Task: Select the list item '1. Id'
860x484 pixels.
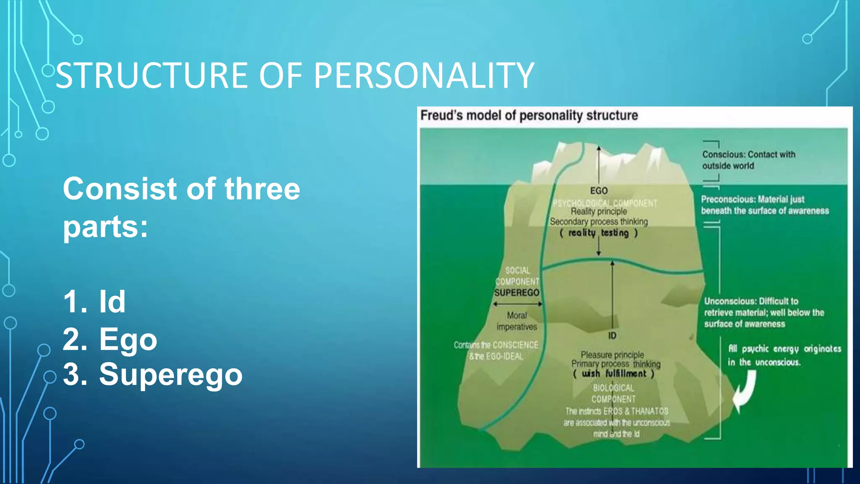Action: pos(94,302)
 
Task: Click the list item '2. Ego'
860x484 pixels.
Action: pos(110,339)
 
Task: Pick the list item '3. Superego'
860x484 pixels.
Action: pos(153,374)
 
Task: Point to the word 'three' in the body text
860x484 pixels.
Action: pos(262,189)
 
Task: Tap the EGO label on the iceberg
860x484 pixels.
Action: pos(599,191)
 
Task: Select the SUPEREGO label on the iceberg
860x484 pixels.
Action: pos(517,292)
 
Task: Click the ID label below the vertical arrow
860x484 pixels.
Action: pos(612,336)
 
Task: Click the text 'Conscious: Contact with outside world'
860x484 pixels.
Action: pos(748,160)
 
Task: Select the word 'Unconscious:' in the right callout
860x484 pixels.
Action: pos(730,301)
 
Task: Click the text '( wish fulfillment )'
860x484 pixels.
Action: pos(614,374)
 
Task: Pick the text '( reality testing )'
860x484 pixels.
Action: pos(599,233)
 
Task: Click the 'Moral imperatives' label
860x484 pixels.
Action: pos(517,321)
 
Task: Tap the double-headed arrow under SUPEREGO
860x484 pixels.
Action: pos(517,304)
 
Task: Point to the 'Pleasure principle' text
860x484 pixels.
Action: pos(612,355)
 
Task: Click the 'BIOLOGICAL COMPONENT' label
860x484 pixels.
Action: pos(614,393)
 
